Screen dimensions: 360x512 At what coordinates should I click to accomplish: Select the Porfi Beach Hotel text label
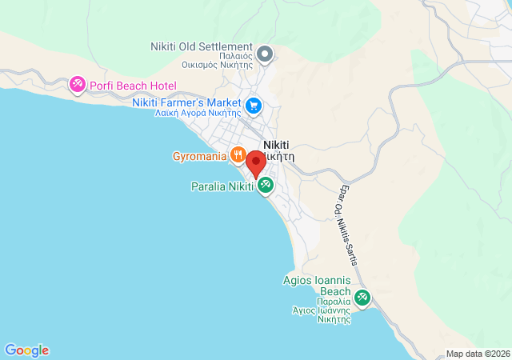click(x=133, y=86)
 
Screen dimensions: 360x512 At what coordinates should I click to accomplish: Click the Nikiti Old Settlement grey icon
click(x=266, y=54)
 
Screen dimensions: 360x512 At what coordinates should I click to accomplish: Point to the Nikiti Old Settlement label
click(x=202, y=47)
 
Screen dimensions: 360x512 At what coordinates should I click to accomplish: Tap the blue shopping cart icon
click(x=254, y=105)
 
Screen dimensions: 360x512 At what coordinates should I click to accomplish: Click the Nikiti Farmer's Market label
click(x=188, y=102)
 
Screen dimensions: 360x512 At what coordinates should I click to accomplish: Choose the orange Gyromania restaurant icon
click(x=238, y=155)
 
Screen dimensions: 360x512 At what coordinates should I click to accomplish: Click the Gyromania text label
click(x=199, y=155)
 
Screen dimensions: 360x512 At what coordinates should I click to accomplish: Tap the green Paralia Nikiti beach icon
click(x=266, y=186)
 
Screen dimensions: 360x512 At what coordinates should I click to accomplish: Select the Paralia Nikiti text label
click(x=221, y=186)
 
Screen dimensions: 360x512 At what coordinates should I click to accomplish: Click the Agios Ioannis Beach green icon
click(x=362, y=298)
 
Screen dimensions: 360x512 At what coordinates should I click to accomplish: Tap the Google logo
click(x=26, y=350)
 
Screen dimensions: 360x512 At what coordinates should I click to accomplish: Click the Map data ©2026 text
click(x=477, y=354)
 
